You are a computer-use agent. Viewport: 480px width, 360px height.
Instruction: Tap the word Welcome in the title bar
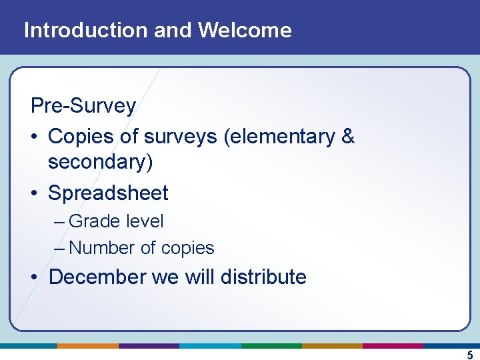[x=245, y=30]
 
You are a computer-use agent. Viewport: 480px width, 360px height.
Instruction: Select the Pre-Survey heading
[x=83, y=105]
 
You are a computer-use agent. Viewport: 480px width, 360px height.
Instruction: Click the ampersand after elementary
[x=347, y=137]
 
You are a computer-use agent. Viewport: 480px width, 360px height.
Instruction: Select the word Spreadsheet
[x=108, y=193]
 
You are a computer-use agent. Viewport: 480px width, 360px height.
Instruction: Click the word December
[x=98, y=277]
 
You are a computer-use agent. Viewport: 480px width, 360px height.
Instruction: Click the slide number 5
[x=469, y=355]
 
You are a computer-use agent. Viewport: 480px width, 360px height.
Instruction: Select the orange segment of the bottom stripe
[x=87, y=346]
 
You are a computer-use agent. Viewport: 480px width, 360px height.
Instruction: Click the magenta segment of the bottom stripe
[x=393, y=346]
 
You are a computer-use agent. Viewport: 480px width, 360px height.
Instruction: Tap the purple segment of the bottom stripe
[x=149, y=346]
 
